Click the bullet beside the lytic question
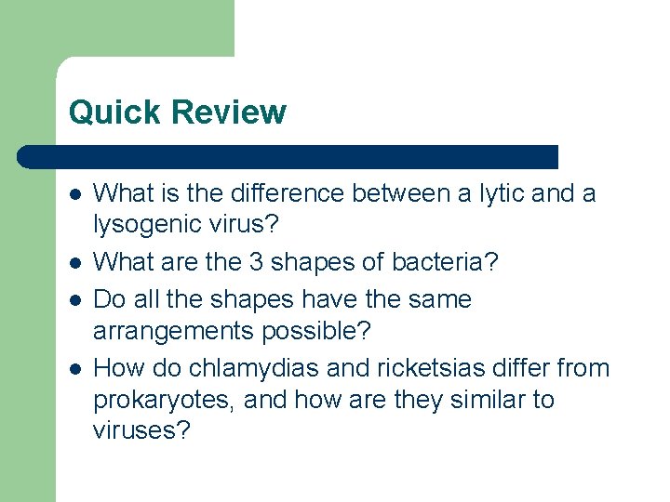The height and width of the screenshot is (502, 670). pos(74,193)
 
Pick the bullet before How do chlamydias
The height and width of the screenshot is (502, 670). pos(74,367)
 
